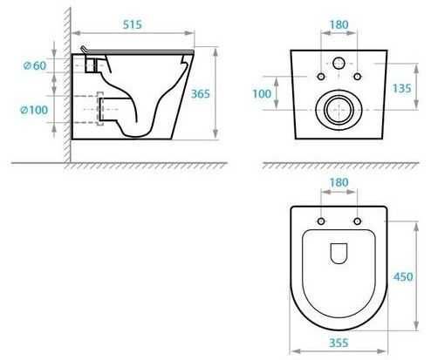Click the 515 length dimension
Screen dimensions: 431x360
pos(133,24)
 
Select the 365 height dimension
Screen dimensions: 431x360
pos(200,94)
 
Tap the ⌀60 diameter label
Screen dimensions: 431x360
pos(35,65)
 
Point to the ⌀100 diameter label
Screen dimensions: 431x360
pos(34,110)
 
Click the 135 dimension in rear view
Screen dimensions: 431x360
pos(401,88)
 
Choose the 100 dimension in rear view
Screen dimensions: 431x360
pos(262,94)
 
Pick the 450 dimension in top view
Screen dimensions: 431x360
pos(403,276)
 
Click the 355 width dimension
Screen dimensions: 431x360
pos(339,343)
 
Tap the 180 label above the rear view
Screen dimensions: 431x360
pos(339,24)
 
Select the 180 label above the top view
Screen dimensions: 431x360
pos(339,182)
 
